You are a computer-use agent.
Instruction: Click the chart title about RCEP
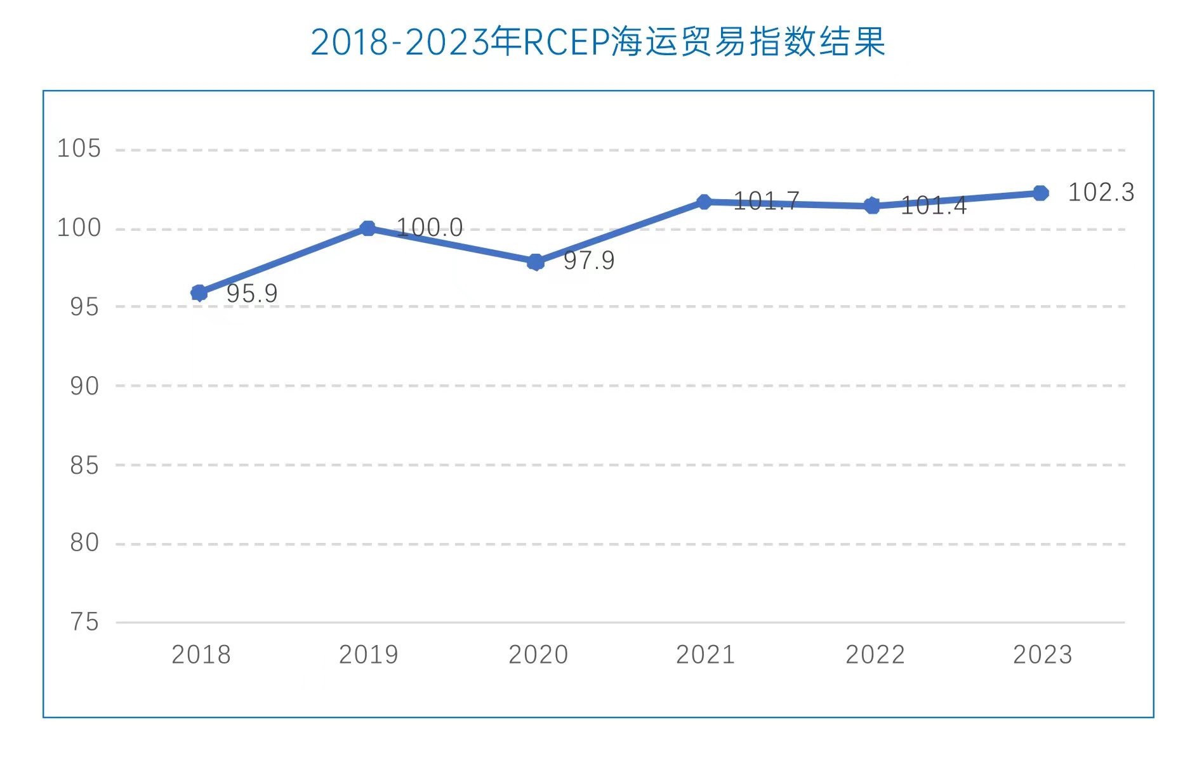click(598, 42)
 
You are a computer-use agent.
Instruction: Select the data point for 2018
click(199, 292)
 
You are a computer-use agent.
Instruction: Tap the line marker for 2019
click(367, 228)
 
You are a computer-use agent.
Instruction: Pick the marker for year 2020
click(536, 261)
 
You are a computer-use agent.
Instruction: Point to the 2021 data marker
click(704, 202)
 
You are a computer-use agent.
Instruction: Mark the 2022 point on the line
click(872, 205)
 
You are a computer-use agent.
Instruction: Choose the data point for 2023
click(1040, 193)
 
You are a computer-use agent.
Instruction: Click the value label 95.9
click(252, 294)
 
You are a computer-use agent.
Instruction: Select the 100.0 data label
click(430, 228)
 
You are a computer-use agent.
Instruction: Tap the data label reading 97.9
click(589, 261)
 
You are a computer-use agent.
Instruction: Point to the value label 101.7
click(766, 202)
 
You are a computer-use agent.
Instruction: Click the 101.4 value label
click(934, 205)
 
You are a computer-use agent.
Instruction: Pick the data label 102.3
click(1101, 192)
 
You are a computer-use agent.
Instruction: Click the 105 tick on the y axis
click(79, 148)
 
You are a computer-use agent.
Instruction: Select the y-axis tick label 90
click(84, 386)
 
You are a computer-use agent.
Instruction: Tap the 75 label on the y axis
click(84, 622)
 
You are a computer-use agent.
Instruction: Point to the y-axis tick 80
click(84, 543)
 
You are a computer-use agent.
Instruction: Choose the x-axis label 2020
click(538, 655)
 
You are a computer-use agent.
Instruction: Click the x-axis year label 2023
click(1042, 655)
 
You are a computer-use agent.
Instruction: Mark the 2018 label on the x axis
click(201, 655)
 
